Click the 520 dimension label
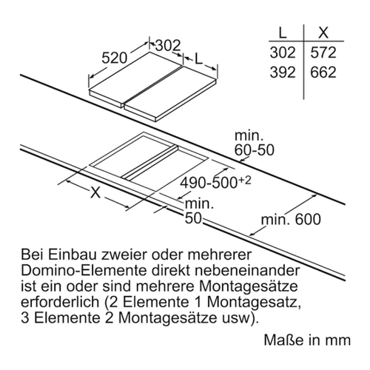pos(114,58)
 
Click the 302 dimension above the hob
pos(168,45)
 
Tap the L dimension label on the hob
pos(198,58)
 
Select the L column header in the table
pos(282,32)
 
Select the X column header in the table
pos(323,32)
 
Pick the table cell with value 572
pos(323,53)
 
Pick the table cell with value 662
pos(323,73)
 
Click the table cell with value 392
pos(283,73)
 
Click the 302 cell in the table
pos(283,53)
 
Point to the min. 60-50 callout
pos(254,143)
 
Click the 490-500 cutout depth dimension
pos(209,183)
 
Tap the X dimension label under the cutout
pos(95,192)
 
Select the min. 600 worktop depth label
pos(291,219)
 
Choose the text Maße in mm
pos(307,340)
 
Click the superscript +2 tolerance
pos(244,181)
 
